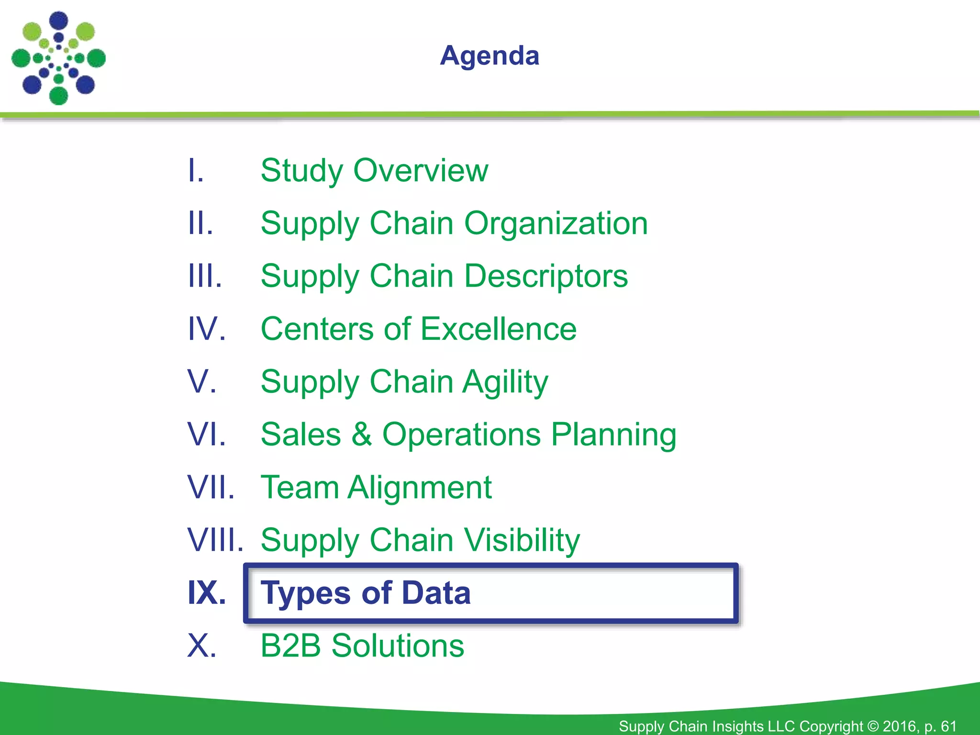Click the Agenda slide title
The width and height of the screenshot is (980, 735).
490,56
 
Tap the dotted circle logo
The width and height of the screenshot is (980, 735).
58,58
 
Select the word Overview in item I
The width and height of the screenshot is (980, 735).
421,170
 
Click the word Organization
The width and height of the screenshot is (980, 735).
556,223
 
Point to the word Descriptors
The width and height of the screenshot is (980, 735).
546,277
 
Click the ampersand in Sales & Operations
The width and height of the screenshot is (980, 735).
362,434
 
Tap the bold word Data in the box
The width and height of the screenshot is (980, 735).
436,593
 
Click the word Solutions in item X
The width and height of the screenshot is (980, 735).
398,646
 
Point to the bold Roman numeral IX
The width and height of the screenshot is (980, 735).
206,593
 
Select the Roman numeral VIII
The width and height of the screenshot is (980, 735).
215,540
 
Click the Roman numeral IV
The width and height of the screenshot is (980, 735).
206,329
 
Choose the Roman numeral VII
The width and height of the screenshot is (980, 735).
211,487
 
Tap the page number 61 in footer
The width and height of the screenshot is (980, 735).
948,726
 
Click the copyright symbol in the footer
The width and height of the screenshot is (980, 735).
873,726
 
